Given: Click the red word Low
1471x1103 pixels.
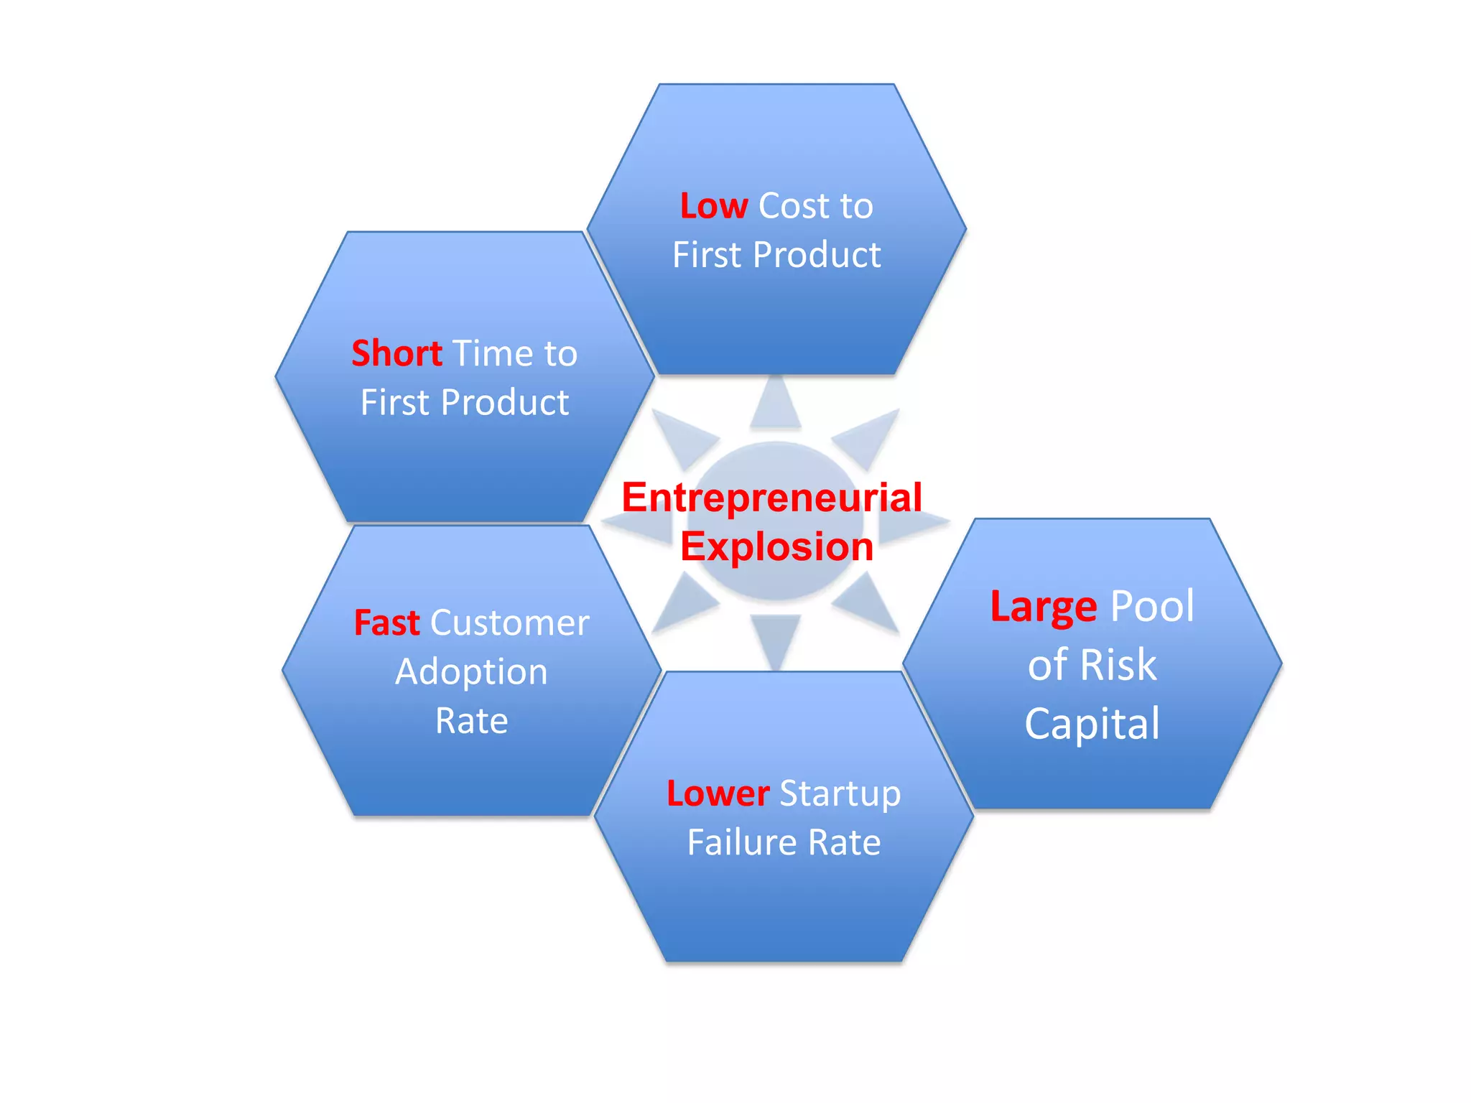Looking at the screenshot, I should pos(714,206).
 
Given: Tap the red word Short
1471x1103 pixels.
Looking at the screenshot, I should pos(396,353).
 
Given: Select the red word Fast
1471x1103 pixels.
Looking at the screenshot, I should pos(386,623).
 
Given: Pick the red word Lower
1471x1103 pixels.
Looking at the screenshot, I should pos(718,793).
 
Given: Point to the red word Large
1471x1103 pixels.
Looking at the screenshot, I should pos(1043,607).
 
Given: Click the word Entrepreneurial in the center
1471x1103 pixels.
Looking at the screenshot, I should pos(771,497).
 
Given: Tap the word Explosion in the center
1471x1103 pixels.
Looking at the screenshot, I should pos(776,546).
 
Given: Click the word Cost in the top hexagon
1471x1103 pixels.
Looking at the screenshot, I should pos(794,206).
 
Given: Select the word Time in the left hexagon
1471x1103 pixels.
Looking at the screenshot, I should pos(493,353).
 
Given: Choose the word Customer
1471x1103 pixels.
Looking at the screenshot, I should pos(509,623).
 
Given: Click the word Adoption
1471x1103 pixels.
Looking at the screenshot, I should pos(471,672).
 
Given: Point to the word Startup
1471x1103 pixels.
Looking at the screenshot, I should pos(840,793).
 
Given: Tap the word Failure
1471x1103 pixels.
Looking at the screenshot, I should pos(742,842).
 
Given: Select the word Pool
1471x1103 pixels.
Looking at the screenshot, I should pos(1152,606).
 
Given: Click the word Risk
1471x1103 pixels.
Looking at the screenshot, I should pos(1118,664).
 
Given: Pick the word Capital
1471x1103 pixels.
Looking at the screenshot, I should pos(1092,723).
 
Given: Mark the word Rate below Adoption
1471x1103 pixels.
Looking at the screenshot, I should pos(471,721).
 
